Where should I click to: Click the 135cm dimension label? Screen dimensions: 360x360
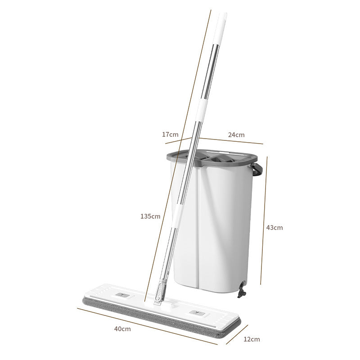coord(150,216)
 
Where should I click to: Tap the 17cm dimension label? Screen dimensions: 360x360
coord(170,134)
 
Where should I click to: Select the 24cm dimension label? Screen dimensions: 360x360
coord(236,135)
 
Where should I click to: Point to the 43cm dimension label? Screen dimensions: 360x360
coord(274,228)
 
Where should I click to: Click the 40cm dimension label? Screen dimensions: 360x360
coord(122,329)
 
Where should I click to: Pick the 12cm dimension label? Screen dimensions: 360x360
coord(252,339)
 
